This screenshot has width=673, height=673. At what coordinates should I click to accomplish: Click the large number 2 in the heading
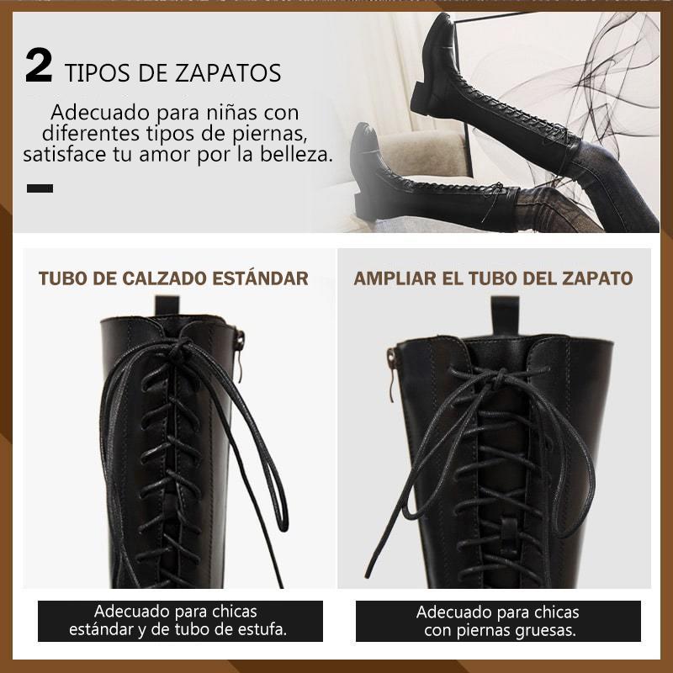point(39,66)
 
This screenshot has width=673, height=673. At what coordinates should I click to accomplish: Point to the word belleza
point(297,154)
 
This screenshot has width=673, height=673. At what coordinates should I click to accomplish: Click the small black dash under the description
point(40,188)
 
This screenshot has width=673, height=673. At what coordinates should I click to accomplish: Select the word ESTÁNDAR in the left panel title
point(260,278)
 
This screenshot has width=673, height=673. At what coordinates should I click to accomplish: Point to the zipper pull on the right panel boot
point(391,374)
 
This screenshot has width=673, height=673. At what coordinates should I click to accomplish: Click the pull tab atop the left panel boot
point(167,305)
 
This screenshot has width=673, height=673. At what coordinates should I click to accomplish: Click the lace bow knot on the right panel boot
point(498,379)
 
